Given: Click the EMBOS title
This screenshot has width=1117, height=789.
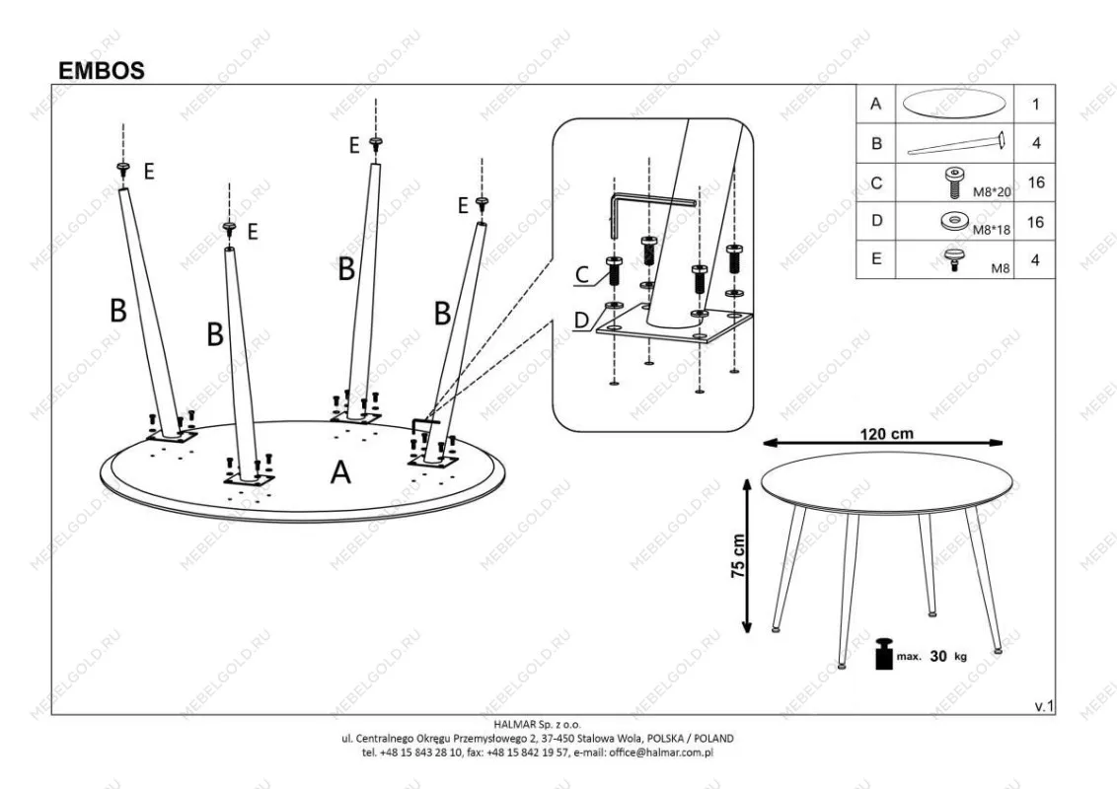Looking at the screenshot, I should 101,71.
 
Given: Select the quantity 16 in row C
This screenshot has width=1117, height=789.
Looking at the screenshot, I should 1035,182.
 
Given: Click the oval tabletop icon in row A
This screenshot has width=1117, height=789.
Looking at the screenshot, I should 955,104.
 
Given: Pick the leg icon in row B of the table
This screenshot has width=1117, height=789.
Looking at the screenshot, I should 955,143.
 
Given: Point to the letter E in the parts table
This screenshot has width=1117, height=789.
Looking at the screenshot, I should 876,260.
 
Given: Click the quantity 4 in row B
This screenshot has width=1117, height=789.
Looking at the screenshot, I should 1035,143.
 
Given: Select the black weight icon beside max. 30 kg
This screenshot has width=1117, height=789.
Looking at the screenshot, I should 883,654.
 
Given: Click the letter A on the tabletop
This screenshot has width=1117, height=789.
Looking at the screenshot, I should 340,473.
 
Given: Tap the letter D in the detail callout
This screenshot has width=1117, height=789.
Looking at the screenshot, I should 582,319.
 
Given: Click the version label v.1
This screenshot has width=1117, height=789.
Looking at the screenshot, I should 1044,705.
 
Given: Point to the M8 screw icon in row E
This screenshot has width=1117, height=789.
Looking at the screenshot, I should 955,260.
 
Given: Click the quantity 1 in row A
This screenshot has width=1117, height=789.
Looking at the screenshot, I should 1035,104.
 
